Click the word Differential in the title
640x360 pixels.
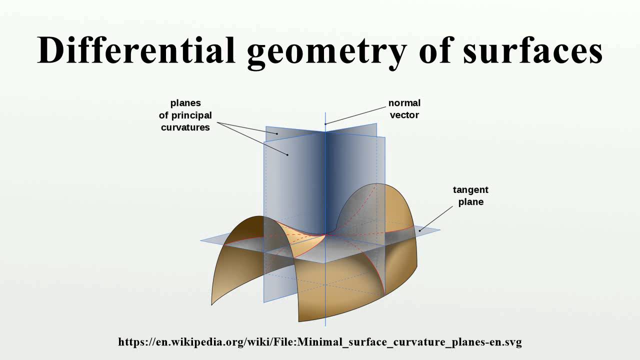pyautogui.click(x=136, y=51)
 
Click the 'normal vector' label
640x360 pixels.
pyautogui.click(x=404, y=108)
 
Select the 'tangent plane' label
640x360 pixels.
pyautogui.click(x=470, y=196)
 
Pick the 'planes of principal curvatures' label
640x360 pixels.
pyautogui.click(x=185, y=115)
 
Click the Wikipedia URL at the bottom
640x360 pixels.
pyautogui.click(x=320, y=342)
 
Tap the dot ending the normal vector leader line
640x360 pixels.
pyautogui.click(x=325, y=123)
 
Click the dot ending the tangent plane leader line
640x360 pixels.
pyautogui.click(x=420, y=229)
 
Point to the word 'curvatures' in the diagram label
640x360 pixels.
pyautogui.click(x=185, y=127)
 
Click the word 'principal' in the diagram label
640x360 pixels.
pyautogui.click(x=192, y=115)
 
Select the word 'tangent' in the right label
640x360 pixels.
pyautogui.click(x=470, y=190)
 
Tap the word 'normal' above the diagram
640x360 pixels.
pyautogui.click(x=404, y=103)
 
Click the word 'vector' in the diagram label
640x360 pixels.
pyautogui.click(x=404, y=115)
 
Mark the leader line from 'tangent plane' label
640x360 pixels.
pyautogui.click(x=436, y=218)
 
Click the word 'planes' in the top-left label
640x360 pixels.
pyautogui.click(x=185, y=103)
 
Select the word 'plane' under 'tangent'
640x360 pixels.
pyautogui.click(x=470, y=202)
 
